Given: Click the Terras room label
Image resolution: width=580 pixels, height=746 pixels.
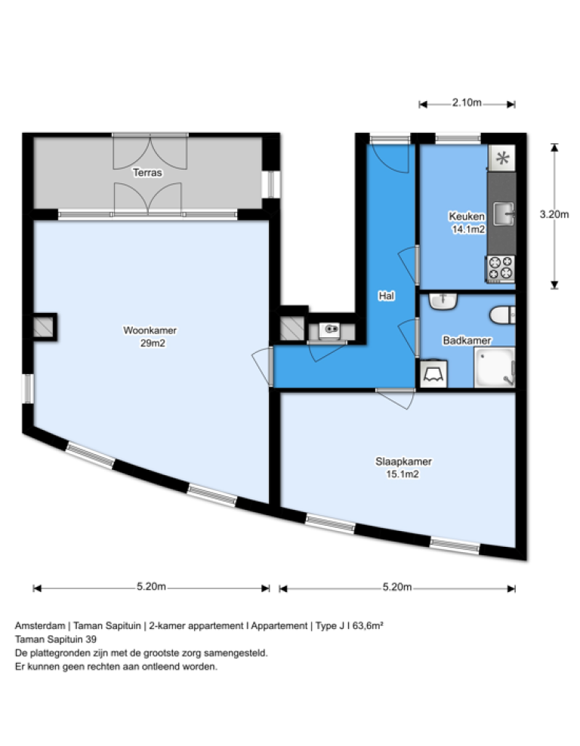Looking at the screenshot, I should pos(147,172).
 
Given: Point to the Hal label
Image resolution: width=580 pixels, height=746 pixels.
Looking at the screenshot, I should pos(386,296).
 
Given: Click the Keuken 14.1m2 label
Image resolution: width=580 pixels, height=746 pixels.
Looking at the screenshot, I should pos(467,224).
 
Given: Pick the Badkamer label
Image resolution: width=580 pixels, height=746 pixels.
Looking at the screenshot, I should pos(462,340).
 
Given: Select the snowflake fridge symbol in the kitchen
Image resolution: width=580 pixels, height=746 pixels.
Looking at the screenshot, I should pos(501,158).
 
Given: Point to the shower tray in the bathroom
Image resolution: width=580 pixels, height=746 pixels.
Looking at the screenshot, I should pos(494,369).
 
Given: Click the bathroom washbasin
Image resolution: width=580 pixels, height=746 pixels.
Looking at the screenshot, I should pos(443,301).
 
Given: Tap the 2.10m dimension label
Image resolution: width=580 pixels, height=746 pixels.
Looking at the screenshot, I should pos(467,103).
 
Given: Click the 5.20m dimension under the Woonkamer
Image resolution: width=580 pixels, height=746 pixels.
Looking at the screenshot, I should pos(151,588).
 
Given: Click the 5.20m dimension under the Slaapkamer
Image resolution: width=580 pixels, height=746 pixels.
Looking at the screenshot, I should pos(397,588).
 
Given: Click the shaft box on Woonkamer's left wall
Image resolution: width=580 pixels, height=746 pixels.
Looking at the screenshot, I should pos(45,325).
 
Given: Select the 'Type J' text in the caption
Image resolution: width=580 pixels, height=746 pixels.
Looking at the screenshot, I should pos(329,625).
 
